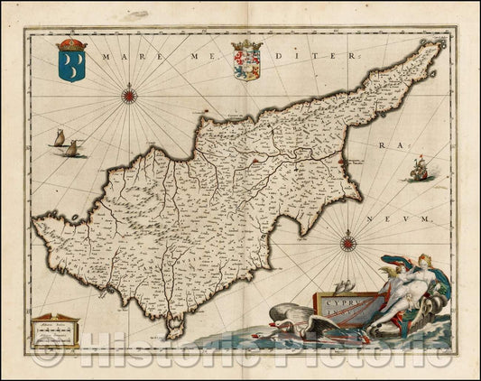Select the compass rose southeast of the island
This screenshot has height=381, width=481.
(349, 239)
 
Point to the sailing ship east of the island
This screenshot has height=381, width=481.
(418, 168)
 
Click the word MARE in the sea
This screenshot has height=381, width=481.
(121, 56)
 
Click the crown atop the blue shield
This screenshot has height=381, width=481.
(70, 45)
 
